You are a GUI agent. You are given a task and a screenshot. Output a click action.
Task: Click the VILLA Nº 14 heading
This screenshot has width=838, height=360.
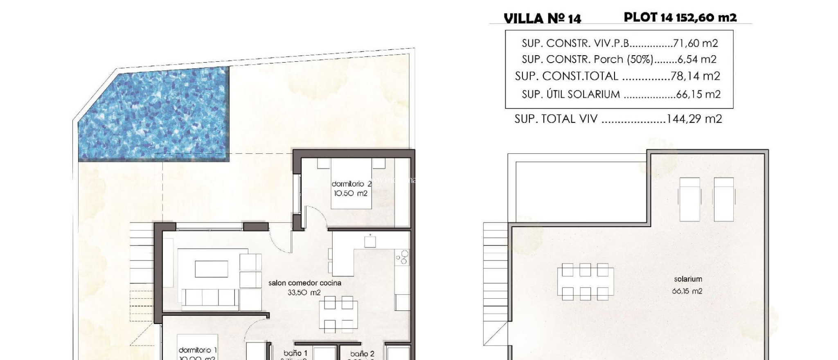click(542, 18)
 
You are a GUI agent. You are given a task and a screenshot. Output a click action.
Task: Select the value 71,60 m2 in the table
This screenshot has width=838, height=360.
click(695, 43)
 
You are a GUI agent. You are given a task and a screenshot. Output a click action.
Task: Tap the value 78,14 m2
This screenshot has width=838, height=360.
click(695, 76)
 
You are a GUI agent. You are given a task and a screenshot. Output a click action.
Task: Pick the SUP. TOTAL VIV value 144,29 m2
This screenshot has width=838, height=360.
click(694, 119)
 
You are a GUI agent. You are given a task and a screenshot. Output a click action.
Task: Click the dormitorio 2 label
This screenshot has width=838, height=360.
click(351, 184)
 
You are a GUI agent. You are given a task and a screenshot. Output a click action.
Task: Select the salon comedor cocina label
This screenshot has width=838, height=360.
click(304, 283)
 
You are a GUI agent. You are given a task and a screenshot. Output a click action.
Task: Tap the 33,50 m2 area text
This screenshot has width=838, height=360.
click(304, 292)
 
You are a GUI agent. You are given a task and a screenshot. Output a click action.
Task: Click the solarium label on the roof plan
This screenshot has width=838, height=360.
click(688, 279)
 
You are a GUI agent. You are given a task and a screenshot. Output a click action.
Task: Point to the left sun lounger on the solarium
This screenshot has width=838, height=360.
click(689, 199)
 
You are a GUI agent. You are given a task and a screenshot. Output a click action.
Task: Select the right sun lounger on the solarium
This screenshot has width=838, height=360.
click(723, 199)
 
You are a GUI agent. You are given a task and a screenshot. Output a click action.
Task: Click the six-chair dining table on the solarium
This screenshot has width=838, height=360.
click(585, 281)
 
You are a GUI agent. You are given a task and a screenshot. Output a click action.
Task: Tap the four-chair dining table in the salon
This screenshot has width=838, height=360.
click(338, 314)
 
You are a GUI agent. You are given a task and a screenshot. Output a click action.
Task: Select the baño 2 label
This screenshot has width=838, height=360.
click(362, 354)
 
